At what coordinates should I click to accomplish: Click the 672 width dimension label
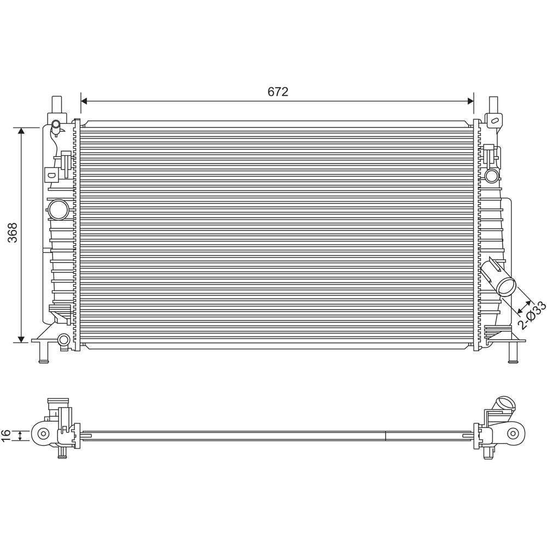tap(278, 92)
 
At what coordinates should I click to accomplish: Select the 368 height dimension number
tap(13, 232)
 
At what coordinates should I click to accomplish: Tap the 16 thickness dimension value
tap(6, 435)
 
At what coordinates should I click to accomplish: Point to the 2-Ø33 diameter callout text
tap(531, 316)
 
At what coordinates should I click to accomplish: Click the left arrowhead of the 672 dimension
tap(84, 101)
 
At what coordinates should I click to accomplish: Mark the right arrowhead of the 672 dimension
tap(470, 101)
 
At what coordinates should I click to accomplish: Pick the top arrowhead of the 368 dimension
tap(21, 131)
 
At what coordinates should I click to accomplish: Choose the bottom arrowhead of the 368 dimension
tap(21, 339)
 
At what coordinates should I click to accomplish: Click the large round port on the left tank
tap(58, 210)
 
